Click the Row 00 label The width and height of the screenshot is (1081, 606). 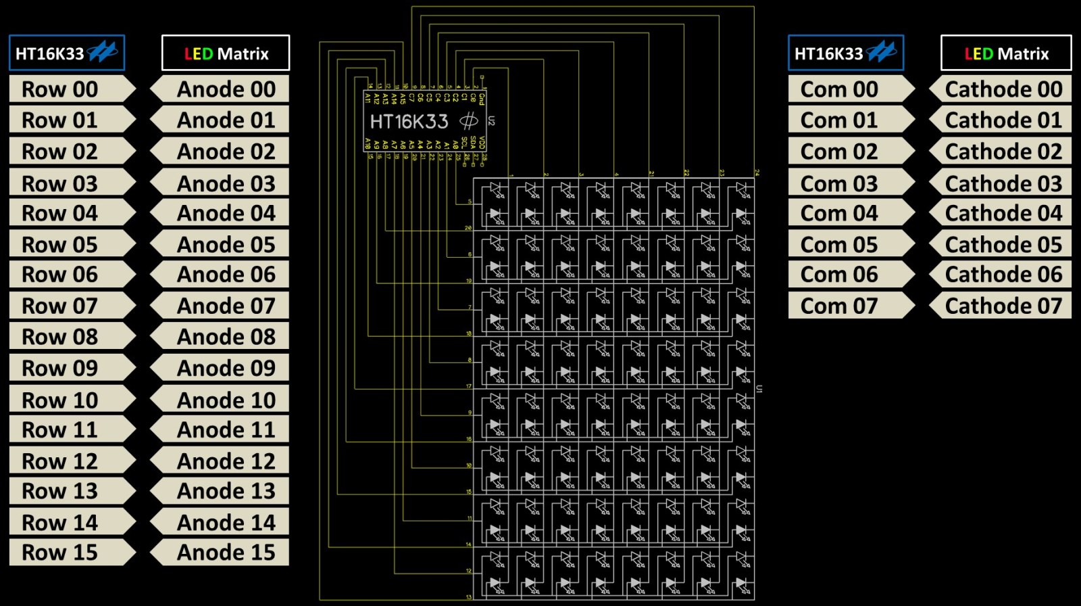pos(68,89)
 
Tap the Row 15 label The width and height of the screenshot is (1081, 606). pos(68,553)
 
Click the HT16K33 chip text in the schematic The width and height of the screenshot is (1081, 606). pos(409,122)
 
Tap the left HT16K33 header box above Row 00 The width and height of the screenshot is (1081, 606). pos(66,53)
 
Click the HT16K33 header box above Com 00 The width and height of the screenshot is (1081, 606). pos(845,53)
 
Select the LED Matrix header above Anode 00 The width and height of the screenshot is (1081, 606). pos(226,53)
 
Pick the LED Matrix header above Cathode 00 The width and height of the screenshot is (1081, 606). pos(1006,53)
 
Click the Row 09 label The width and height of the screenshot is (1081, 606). pos(68,368)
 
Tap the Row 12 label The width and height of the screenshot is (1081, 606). pos(68,461)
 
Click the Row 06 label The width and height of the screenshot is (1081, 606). pos(68,275)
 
